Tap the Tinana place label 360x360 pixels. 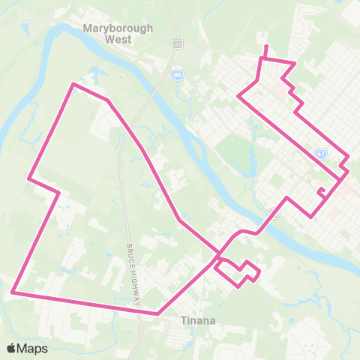click(x=198, y=321)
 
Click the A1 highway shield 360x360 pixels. click(x=178, y=45)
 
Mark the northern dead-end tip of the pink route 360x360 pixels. click(x=265, y=46)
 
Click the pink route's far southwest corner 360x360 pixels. click(x=13, y=292)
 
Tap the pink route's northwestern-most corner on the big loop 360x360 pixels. click(x=73, y=84)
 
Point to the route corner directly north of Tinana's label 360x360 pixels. click(x=158, y=313)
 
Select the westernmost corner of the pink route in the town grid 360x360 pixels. click(x=238, y=96)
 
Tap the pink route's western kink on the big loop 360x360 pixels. click(x=28, y=179)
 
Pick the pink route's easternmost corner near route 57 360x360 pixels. click(x=349, y=171)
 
